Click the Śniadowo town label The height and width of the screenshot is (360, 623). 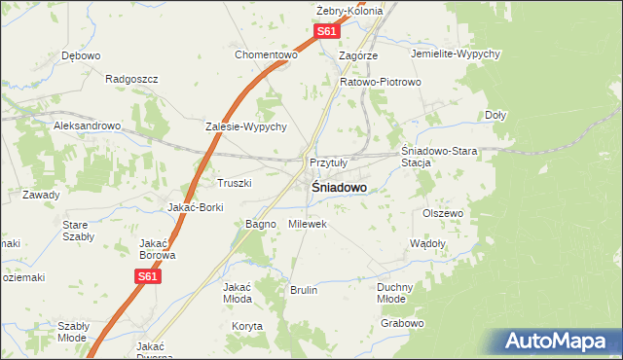(x=339, y=188)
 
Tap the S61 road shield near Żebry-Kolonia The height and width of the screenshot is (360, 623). (x=328, y=32)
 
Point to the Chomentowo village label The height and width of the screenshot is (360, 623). (x=265, y=54)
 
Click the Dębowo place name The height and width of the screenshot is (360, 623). (x=81, y=55)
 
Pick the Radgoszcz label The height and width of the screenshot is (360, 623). (x=131, y=79)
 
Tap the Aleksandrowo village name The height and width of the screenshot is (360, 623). (x=87, y=126)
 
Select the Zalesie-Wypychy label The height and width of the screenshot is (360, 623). (x=245, y=126)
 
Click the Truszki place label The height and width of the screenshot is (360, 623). (x=234, y=183)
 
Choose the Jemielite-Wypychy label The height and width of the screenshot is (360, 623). (x=456, y=54)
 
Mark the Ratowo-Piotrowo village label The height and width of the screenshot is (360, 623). (x=380, y=82)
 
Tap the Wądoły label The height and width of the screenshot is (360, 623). (x=427, y=243)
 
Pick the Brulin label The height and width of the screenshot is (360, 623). (x=304, y=290)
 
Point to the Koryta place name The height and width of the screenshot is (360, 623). (x=247, y=327)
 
